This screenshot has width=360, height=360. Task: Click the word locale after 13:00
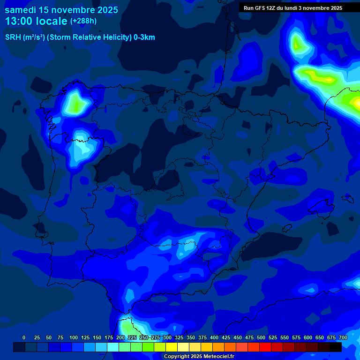point(52,22)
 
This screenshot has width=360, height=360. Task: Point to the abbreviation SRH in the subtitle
point(12,37)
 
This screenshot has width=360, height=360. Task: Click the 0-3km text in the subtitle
point(144,37)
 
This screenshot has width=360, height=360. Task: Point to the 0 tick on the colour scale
point(24,337)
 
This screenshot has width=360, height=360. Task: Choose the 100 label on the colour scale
point(74,337)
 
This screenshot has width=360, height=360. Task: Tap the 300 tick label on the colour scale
point(167,337)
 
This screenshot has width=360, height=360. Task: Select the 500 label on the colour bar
point(261,337)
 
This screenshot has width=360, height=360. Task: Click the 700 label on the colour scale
point(343,337)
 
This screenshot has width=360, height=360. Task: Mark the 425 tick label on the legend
point(226,337)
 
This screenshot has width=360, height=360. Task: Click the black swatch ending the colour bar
point(336,347)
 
